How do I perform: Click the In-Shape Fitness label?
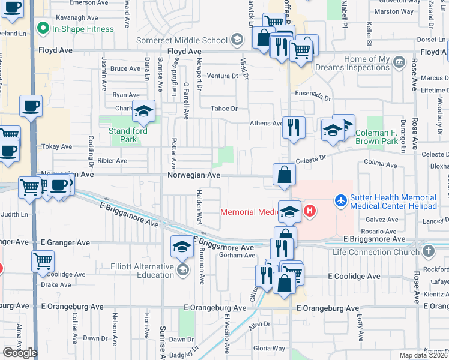[82, 29]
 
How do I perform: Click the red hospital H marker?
[310, 211]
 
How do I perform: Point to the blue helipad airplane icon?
[341, 199]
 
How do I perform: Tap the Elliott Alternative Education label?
[142, 271]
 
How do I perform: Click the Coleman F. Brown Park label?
[385, 137]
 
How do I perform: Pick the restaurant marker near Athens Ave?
[293, 127]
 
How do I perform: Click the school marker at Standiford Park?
[143, 111]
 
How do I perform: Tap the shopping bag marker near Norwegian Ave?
[284, 175]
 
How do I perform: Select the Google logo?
[20, 353]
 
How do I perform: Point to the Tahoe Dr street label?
[224, 109]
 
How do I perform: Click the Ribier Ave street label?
[113, 161]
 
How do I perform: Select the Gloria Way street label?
[269, 348]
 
